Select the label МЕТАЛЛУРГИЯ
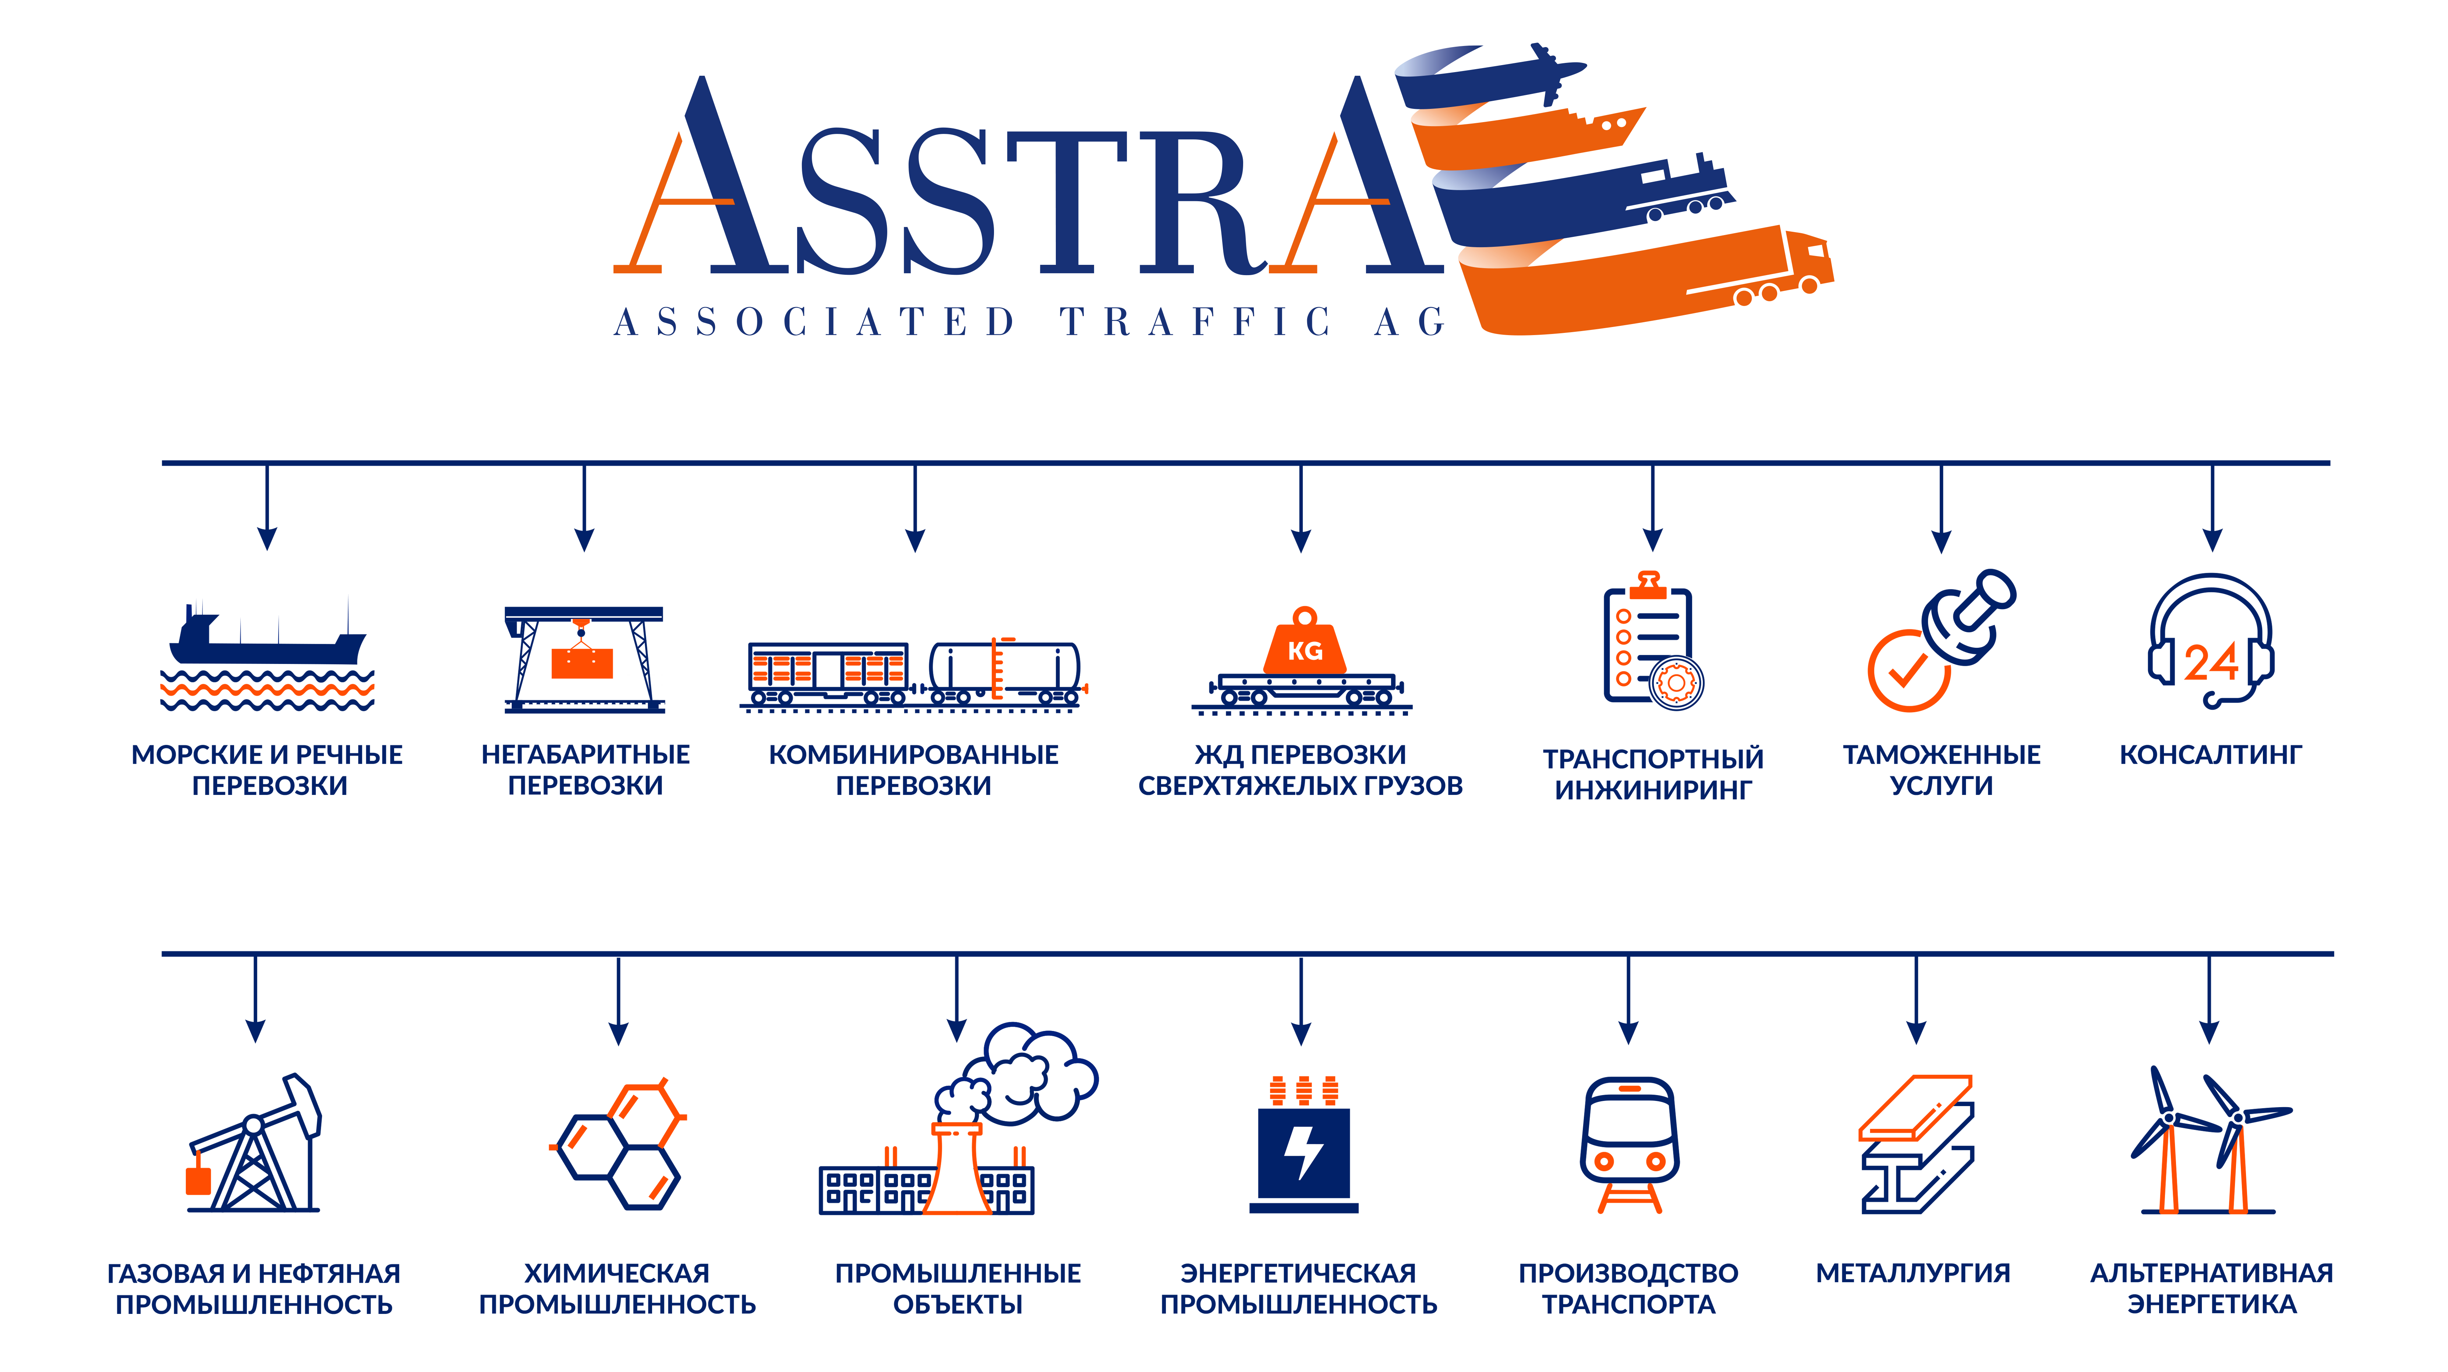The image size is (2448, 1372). click(1913, 1273)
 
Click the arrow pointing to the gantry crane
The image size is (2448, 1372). click(584, 508)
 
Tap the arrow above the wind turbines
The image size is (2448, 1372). click(2210, 999)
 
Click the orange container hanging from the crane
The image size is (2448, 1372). click(581, 662)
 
